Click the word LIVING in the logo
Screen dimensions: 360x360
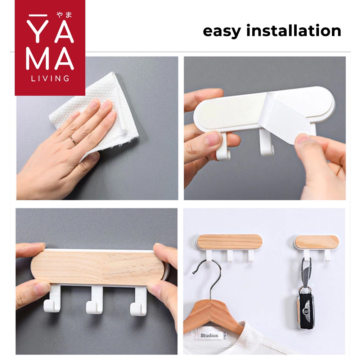pos(50,78)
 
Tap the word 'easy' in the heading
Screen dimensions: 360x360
pos(222,31)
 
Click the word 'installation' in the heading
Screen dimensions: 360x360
pos(294,30)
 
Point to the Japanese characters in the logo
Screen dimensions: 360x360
pos(64,15)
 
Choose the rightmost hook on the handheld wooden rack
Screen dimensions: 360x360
pos(139,301)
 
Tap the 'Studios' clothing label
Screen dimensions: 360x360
pos(210,336)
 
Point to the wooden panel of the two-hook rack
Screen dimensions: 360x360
pos(317,242)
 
